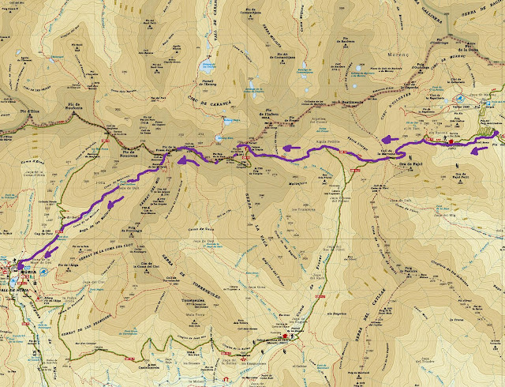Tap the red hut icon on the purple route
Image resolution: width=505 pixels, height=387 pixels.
click(451, 140)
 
